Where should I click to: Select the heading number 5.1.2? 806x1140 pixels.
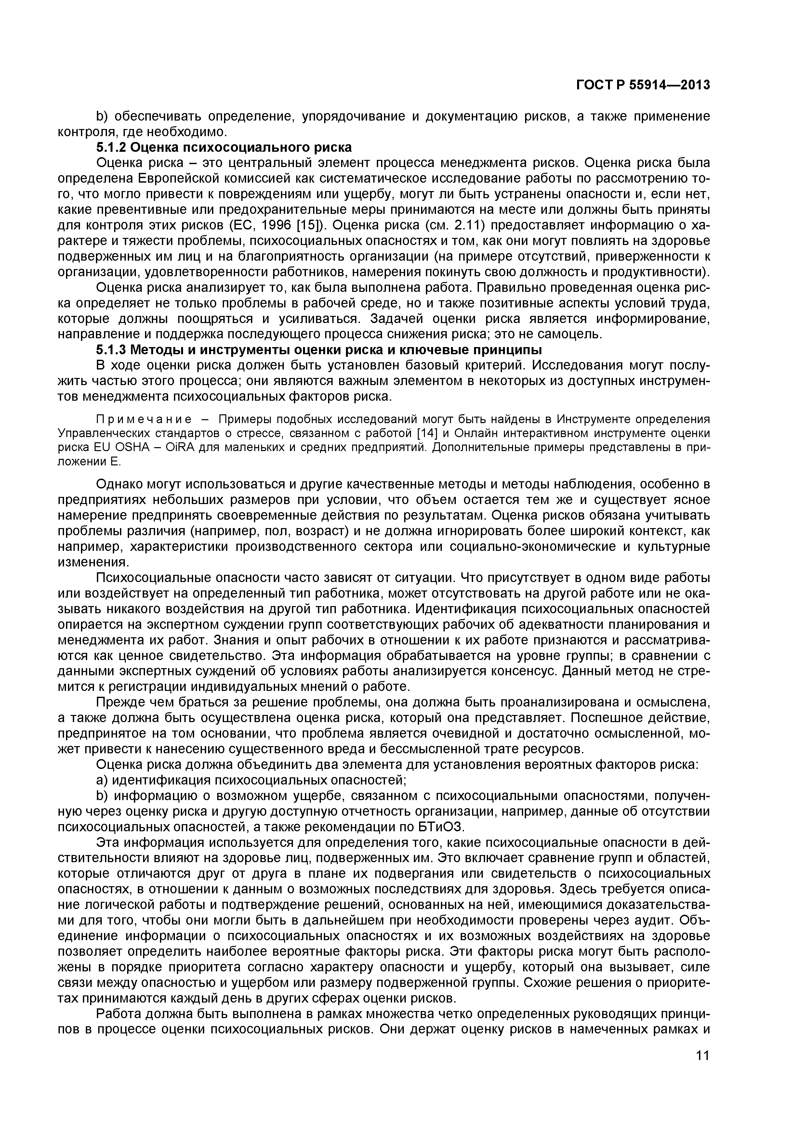point(112,148)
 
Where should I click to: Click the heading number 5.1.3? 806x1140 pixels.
point(112,350)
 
